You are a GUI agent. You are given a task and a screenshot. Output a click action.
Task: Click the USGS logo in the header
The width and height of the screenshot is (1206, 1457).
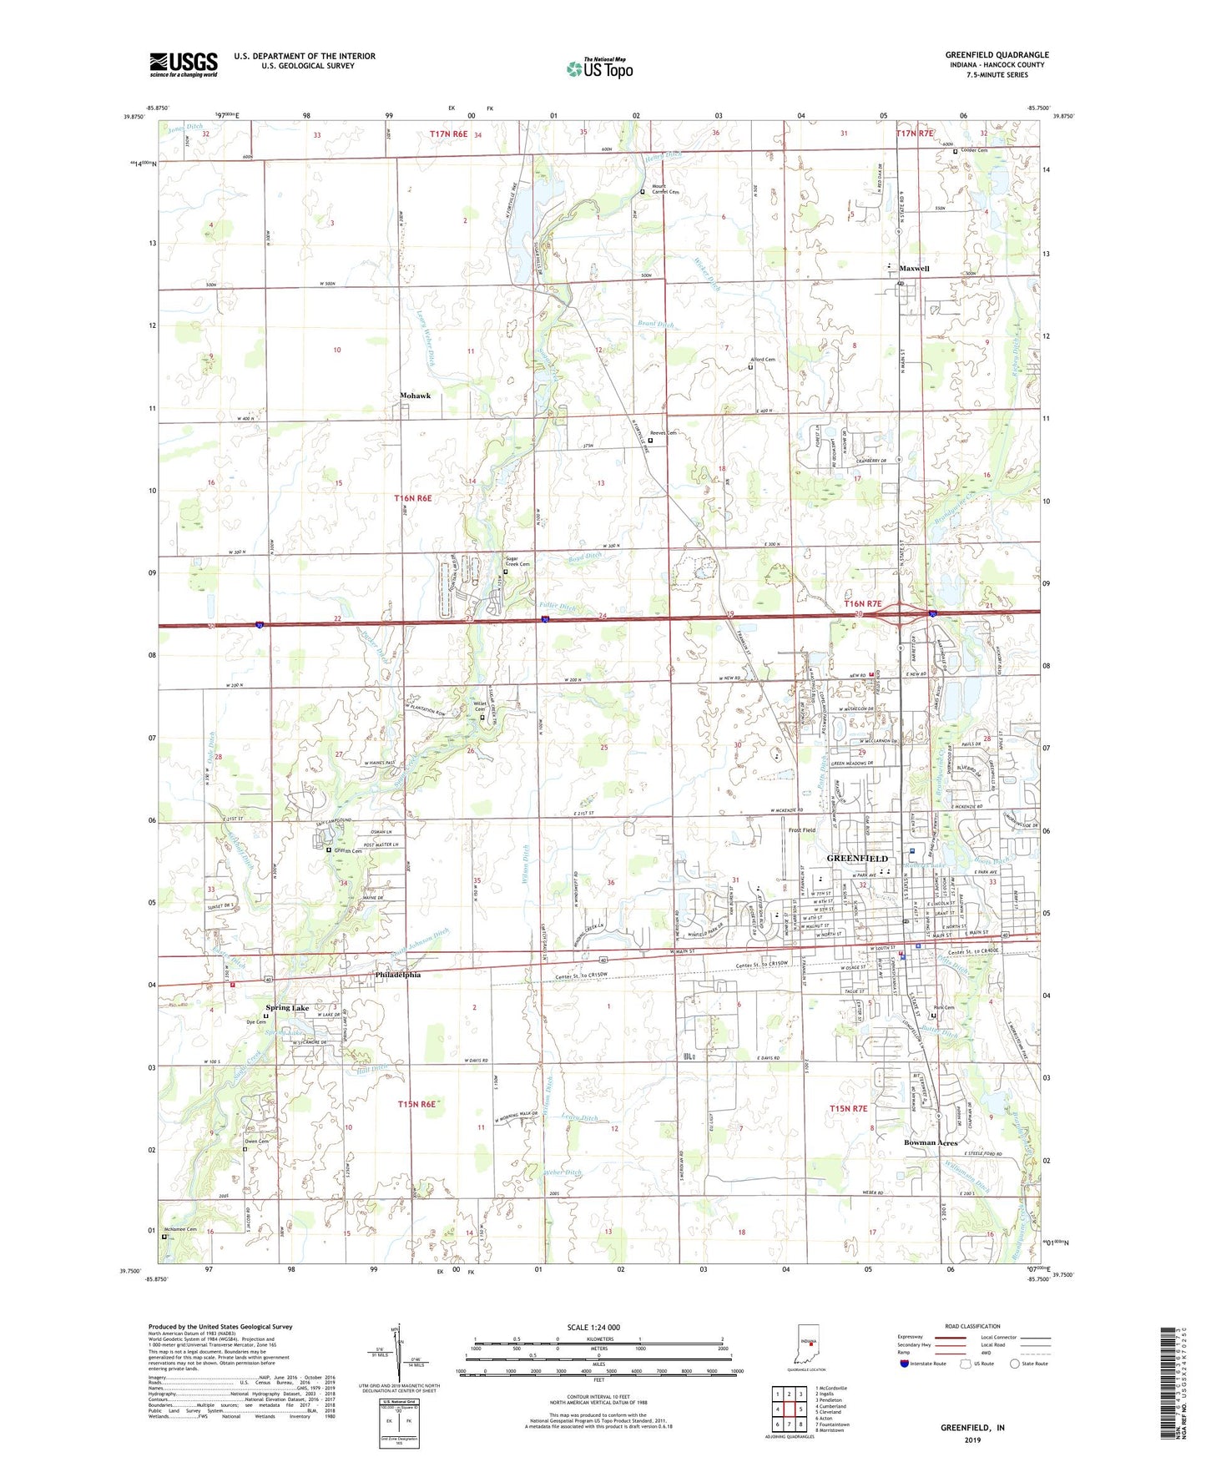click(x=184, y=64)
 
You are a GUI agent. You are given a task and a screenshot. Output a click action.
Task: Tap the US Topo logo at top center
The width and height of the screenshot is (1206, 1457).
click(x=599, y=68)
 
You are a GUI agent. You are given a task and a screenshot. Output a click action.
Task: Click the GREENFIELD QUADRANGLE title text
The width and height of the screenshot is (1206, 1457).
click(x=997, y=55)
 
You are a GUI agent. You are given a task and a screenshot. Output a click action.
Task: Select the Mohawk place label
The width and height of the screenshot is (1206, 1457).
click(x=416, y=396)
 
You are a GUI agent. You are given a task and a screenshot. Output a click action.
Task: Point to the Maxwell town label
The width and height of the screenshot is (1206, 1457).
click(x=914, y=269)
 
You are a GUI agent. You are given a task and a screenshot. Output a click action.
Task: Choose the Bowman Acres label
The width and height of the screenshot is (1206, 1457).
click(x=931, y=1142)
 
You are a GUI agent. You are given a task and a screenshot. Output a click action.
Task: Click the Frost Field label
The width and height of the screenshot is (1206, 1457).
click(x=802, y=830)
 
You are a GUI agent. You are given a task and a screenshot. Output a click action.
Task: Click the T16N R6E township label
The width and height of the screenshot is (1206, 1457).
click(x=413, y=498)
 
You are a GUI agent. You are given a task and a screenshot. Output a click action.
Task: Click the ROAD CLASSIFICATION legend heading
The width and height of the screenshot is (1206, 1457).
click(x=972, y=1326)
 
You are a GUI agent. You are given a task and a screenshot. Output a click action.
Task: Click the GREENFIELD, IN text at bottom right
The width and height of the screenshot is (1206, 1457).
click(x=972, y=1428)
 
